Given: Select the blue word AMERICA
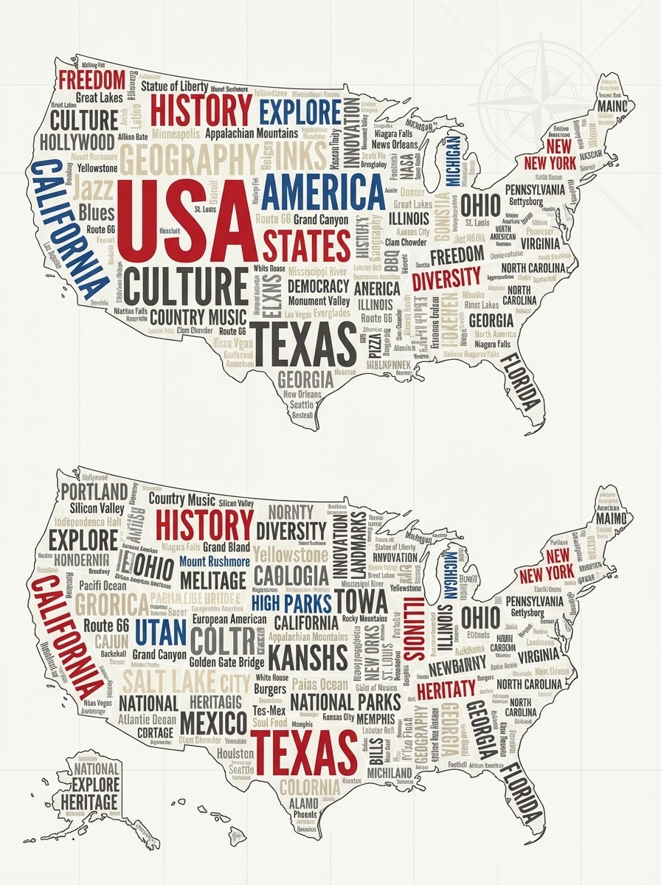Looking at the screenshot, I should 323,192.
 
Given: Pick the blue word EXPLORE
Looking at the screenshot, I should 299,111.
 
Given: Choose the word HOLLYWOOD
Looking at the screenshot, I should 77,142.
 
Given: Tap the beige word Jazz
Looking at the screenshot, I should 94,189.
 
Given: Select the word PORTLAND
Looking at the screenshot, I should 94,491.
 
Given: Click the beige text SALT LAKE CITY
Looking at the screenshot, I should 186,680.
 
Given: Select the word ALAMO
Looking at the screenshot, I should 303,802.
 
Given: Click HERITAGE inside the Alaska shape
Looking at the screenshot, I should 89,802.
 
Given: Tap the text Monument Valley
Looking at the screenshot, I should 319,301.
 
